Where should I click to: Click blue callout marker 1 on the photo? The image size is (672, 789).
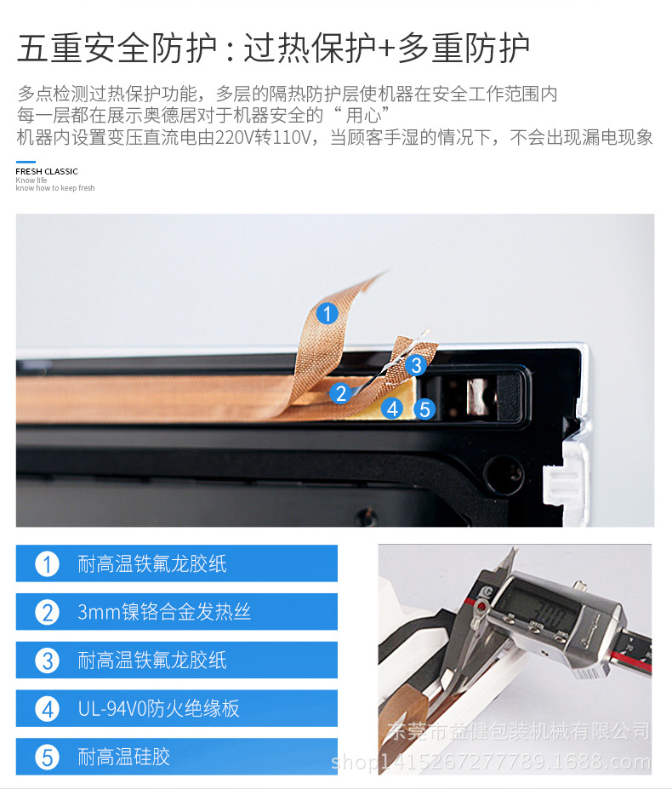(x=327, y=314)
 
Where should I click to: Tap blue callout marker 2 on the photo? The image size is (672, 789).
(x=340, y=393)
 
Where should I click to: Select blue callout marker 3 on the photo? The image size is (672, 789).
(x=416, y=365)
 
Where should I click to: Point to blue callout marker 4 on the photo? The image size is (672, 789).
(x=392, y=409)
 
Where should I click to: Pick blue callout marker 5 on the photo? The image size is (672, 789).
(x=424, y=409)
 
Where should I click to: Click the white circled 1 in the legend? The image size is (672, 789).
(x=48, y=564)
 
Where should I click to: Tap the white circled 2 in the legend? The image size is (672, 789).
(x=48, y=612)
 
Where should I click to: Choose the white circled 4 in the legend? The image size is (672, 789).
(x=48, y=709)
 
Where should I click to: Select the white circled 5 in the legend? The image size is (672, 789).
(x=48, y=758)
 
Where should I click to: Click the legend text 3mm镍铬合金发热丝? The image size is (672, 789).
(x=164, y=612)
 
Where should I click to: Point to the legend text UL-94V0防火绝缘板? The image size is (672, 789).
(x=158, y=708)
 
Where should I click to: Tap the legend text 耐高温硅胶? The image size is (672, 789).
(x=123, y=757)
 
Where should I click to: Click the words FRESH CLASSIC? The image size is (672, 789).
(x=47, y=172)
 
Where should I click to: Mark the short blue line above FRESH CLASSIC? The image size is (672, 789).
(x=26, y=162)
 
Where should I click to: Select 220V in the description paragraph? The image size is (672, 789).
(x=235, y=137)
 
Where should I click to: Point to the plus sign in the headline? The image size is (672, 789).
(x=386, y=49)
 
